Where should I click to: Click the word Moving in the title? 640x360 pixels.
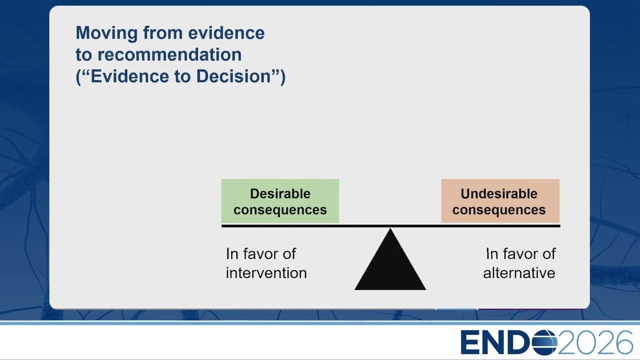tap(106, 33)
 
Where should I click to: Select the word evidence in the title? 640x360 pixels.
tap(226, 32)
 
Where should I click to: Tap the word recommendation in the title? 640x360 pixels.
tap(169, 54)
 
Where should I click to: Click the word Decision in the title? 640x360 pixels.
tap(233, 76)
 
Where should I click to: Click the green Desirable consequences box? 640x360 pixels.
tap(280, 201)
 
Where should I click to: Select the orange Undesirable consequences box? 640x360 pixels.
tap(500, 201)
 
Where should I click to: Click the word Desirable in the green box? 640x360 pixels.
tap(280, 193)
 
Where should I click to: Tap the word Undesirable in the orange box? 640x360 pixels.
tap(499, 193)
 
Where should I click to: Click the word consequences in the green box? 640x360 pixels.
tap(280, 210)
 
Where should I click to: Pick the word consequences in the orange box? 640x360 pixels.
tap(499, 210)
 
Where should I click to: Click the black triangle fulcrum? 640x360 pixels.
tap(390, 265)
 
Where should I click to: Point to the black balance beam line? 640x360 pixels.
tap(391, 226)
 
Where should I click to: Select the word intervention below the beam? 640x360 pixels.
tap(266, 273)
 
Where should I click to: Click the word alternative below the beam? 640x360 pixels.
tap(519, 273)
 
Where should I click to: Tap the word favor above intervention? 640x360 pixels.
tap(260, 253)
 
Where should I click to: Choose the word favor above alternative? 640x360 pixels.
tap(520, 253)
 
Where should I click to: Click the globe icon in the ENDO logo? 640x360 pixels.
tap(544, 342)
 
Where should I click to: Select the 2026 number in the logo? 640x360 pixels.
tap(595, 342)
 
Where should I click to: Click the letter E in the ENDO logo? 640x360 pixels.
tap(469, 342)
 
